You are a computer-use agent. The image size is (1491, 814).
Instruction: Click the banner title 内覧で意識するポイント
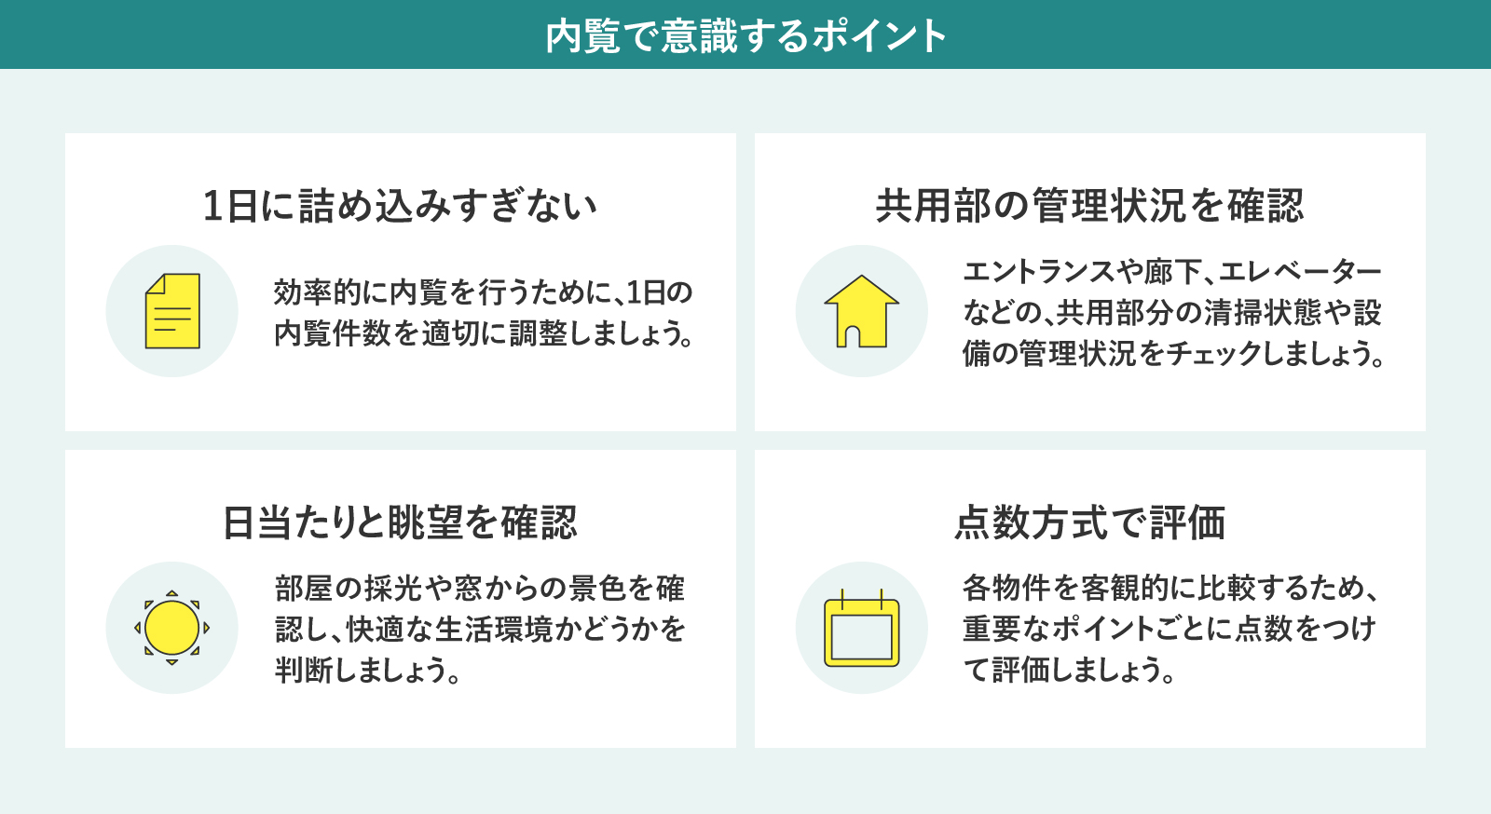coord(745,36)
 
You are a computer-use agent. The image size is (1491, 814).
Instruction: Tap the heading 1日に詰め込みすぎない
coord(400,206)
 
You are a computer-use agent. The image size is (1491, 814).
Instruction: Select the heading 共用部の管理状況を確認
coord(1089,206)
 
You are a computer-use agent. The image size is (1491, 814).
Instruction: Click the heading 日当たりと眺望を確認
coord(400,522)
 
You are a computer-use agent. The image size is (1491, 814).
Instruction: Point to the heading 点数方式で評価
coord(1089,522)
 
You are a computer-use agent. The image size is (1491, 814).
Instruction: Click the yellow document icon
coord(172,310)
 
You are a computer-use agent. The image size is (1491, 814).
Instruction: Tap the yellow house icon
coord(861,310)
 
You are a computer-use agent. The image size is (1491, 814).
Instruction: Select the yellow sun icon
coord(171,627)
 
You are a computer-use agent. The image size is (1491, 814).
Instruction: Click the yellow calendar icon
coord(861,628)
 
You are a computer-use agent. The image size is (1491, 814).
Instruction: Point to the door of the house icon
coord(849,336)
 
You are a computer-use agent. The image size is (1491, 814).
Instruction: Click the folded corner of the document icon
coord(156,284)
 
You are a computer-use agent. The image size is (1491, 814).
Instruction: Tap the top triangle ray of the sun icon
coord(171,593)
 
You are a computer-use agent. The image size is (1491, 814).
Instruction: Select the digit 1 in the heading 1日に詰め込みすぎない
coord(212,206)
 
